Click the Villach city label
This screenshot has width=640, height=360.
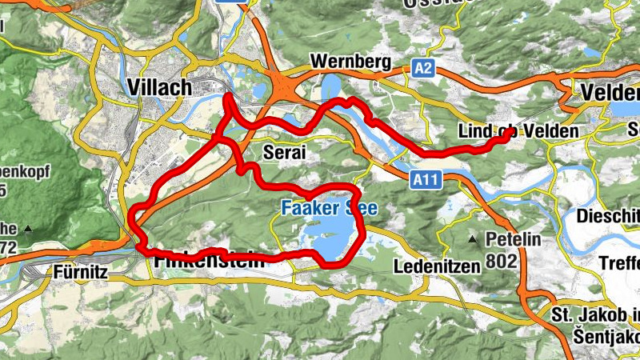pos(159,86)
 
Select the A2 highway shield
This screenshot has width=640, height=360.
pos(424,70)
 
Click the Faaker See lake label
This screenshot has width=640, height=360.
pos(328,208)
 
